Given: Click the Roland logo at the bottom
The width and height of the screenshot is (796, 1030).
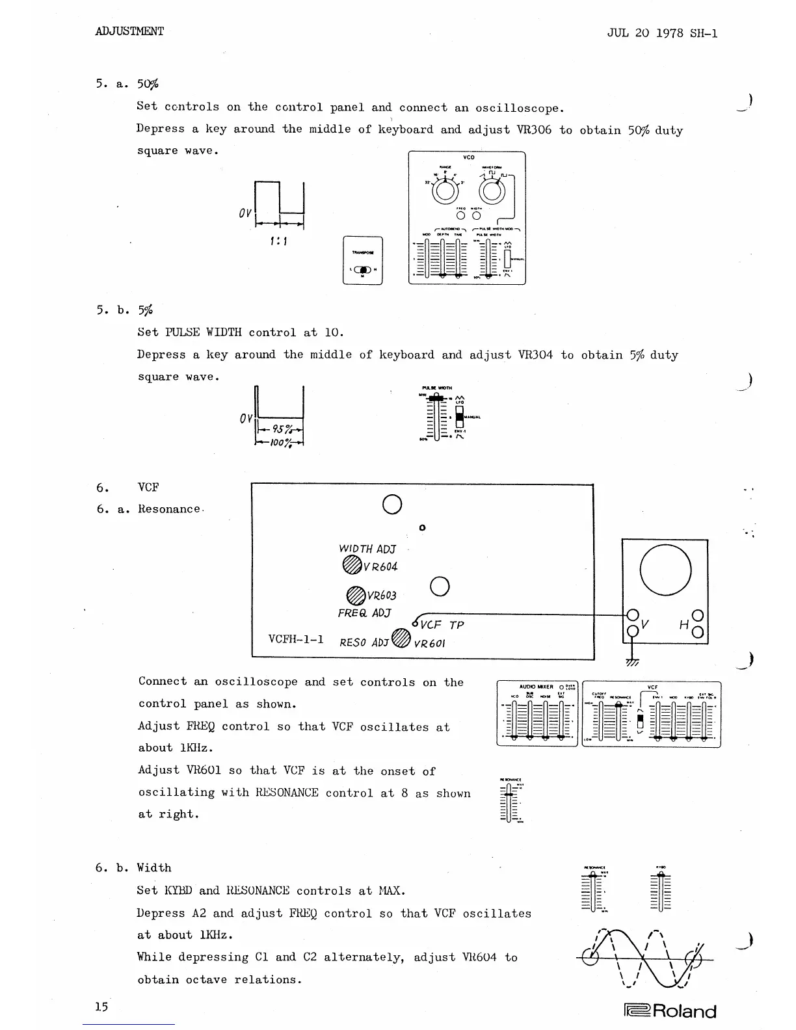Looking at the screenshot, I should click(x=670, y=1011).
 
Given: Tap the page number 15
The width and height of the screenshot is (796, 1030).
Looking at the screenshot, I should click(x=101, y=1007).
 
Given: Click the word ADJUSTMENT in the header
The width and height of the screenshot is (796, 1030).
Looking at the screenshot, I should click(x=129, y=31).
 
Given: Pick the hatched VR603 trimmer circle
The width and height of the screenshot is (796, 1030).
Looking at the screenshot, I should click(x=355, y=594).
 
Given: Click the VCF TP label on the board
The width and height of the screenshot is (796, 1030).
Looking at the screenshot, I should click(x=442, y=625).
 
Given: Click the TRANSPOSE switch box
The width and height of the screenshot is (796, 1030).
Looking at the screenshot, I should click(x=363, y=260).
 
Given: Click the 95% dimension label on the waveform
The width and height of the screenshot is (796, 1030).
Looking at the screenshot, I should click(x=282, y=429).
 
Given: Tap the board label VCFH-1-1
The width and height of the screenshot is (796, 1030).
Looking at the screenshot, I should click(x=296, y=639).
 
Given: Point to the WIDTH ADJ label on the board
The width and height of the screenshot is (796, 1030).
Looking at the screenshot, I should click(x=367, y=549).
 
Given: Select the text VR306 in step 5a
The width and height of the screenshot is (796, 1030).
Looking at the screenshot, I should click(x=533, y=130).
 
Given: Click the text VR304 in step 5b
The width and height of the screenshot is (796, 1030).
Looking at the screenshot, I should click(x=535, y=355).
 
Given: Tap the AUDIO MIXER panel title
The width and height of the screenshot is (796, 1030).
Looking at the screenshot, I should click(x=536, y=687).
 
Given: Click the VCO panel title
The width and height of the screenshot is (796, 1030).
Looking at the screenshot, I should click(x=468, y=157).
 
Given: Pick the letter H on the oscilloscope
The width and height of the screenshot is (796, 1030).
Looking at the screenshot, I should click(x=683, y=625).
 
